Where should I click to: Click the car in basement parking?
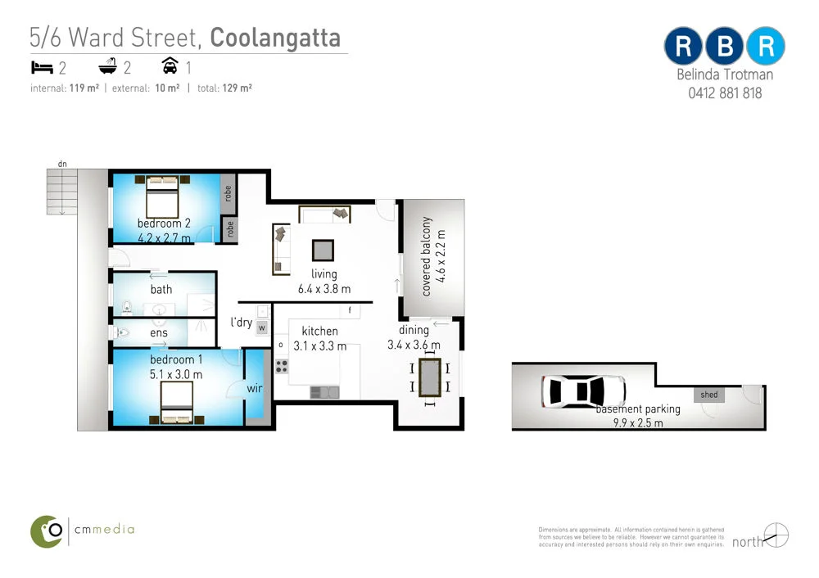click(x=583, y=391)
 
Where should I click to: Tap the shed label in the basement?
click(x=709, y=395)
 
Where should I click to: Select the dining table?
click(x=429, y=377)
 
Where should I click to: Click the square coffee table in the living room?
click(x=323, y=250)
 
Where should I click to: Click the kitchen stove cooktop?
click(x=282, y=366)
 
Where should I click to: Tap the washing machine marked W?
click(x=262, y=327)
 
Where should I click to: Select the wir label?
click(x=254, y=389)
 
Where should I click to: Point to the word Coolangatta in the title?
click(x=275, y=38)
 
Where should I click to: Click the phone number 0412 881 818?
click(x=725, y=93)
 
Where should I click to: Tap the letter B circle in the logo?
click(x=725, y=46)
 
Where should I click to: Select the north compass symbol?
click(x=776, y=535)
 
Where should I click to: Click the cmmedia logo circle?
click(x=48, y=531)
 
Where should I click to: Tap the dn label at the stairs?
click(x=62, y=164)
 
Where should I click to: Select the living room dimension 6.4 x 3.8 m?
click(x=324, y=289)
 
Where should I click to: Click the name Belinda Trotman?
click(x=725, y=75)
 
